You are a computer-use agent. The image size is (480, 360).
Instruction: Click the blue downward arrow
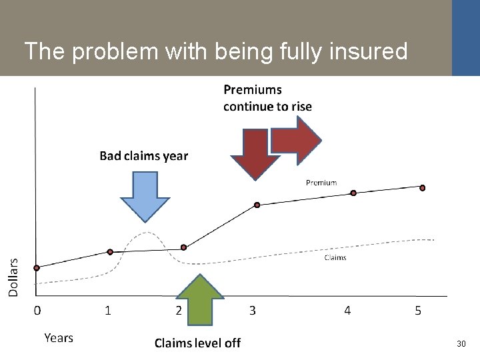coord(145,195)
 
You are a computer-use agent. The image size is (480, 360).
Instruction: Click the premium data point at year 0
coord(37,268)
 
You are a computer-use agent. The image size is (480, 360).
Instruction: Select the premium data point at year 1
coord(111,251)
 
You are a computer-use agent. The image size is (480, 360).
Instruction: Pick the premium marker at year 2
coord(183,248)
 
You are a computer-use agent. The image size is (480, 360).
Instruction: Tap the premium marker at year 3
coord(257,205)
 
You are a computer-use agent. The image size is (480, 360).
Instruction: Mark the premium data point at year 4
coord(353,193)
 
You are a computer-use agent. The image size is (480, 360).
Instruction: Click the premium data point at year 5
coord(422,187)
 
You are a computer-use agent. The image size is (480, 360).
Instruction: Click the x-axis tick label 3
coord(253,310)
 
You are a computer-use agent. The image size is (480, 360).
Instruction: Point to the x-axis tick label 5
coord(418,310)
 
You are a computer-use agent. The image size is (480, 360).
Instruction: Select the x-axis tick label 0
coord(37,310)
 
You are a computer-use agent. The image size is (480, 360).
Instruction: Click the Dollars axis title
coord(14,277)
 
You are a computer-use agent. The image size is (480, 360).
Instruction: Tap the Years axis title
coord(59,338)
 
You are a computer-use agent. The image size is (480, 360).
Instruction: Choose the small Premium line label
coord(321,182)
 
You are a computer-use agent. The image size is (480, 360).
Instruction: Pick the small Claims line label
coord(335,257)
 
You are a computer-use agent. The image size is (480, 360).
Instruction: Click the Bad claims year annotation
coord(144,156)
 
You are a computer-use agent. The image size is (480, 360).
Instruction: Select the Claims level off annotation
coord(197,343)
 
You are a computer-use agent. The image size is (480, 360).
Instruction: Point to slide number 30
coord(461,344)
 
